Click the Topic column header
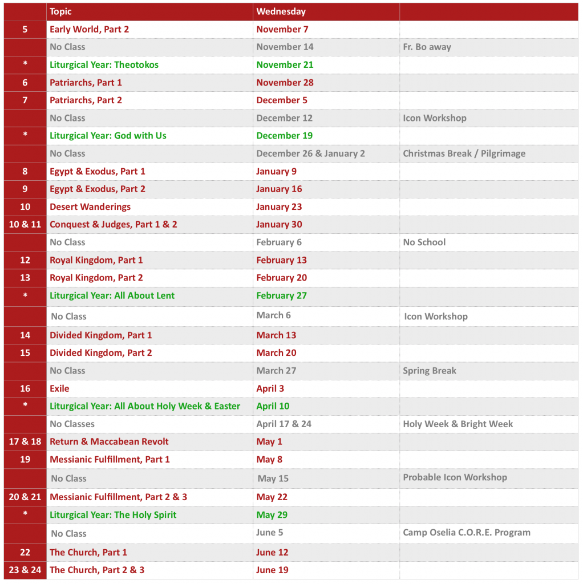tap(61, 11)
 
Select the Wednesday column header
tap(281, 11)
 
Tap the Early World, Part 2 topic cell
tap(89, 29)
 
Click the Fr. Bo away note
tap(427, 47)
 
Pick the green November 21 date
tap(285, 64)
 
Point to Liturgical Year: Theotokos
tap(104, 64)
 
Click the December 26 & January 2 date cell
tap(310, 153)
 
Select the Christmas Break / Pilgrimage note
tap(464, 153)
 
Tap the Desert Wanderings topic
tap(90, 206)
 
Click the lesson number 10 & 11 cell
tap(25, 224)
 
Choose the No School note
tap(424, 242)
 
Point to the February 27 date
tap(281, 295)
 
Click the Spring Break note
tap(430, 371)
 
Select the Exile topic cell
tap(59, 388)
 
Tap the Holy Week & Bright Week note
tap(458, 424)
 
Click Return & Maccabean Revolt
tap(109, 441)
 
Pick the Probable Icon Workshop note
tap(455, 477)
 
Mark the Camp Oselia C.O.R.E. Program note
tap(467, 533)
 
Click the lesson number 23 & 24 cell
tap(25, 570)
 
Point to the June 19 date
tap(272, 570)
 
